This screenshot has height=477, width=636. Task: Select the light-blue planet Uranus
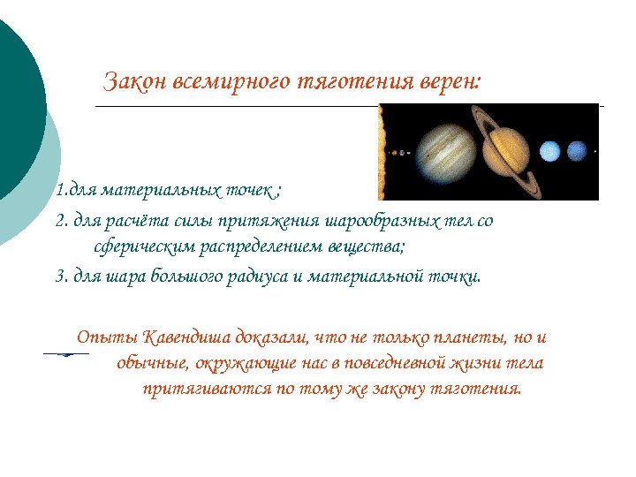click(549, 152)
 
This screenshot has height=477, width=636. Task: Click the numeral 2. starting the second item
click(61, 221)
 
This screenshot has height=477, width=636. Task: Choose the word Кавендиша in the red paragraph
click(186, 338)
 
